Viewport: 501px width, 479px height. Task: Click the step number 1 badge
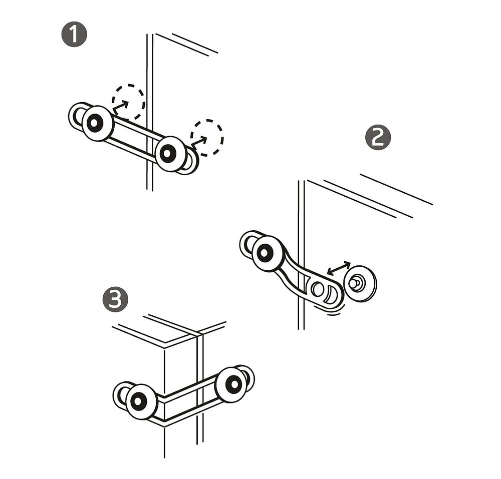click(74, 35)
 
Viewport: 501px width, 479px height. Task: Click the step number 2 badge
click(378, 138)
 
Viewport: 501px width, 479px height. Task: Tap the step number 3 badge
click(115, 300)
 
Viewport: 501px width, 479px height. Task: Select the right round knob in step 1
click(171, 154)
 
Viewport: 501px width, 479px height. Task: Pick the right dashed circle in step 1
click(207, 138)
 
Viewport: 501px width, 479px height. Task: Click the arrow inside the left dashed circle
click(120, 108)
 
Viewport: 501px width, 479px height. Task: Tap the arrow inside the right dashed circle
click(199, 142)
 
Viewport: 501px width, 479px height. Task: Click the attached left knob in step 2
click(268, 253)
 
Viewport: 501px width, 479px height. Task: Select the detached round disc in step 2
click(360, 283)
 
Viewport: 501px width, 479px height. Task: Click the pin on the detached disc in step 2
click(354, 283)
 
